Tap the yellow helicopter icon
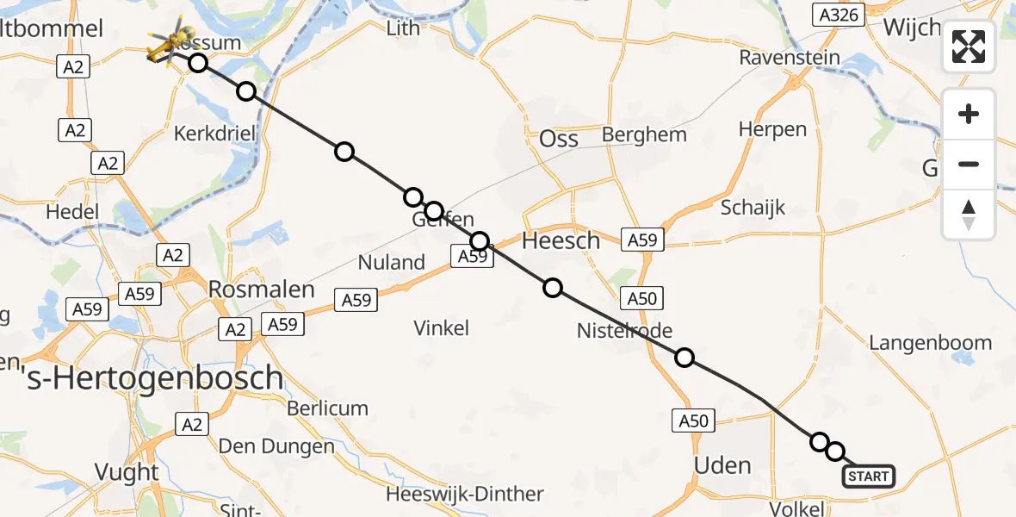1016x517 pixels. click(167, 44)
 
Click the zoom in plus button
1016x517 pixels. click(969, 114)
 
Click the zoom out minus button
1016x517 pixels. click(969, 164)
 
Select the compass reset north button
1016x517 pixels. click(969, 215)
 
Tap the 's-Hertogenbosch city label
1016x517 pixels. click(142, 377)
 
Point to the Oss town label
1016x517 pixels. click(558, 139)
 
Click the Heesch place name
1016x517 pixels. click(561, 241)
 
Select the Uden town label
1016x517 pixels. click(722, 465)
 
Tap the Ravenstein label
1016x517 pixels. click(790, 58)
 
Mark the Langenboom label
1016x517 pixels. click(930, 343)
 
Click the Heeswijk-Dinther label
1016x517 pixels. click(465, 495)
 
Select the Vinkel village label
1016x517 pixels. click(441, 327)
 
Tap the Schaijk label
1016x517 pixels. click(753, 208)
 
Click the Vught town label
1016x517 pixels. click(127, 472)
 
